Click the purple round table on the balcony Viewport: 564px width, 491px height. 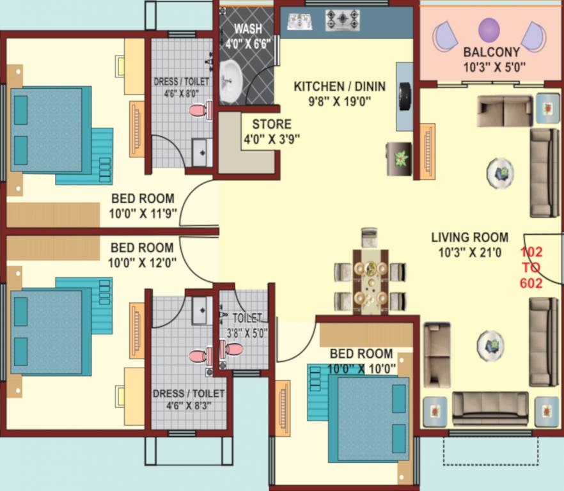pyautogui.click(x=489, y=30)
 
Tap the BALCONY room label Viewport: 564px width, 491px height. pyautogui.click(x=491, y=52)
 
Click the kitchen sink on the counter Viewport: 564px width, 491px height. pyautogui.click(x=299, y=21)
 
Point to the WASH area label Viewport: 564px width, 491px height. pyautogui.click(x=247, y=29)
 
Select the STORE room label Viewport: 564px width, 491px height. pyautogui.click(x=271, y=124)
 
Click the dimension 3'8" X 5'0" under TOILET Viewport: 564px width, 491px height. pyautogui.click(x=247, y=332)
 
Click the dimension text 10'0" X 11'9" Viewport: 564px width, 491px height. pyautogui.click(x=144, y=212)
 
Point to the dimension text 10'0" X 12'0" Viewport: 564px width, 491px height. pyautogui.click(x=143, y=261)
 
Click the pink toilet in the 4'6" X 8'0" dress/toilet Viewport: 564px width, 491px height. pyautogui.click(x=200, y=111)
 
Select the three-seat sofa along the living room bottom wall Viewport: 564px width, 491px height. pyautogui.click(x=490, y=408)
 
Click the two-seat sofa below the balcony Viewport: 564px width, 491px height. pyautogui.click(x=505, y=111)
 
